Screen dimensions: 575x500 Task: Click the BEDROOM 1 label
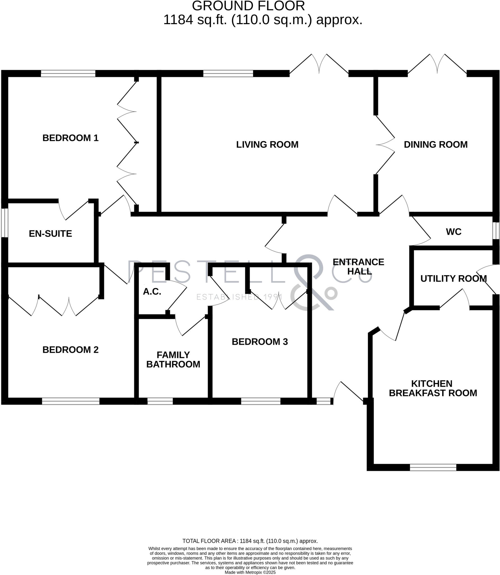click(x=70, y=138)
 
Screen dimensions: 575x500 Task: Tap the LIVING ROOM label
click(x=267, y=145)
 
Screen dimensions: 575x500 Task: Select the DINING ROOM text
click(x=435, y=145)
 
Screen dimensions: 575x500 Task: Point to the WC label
click(x=453, y=232)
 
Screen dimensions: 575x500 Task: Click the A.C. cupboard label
click(x=152, y=292)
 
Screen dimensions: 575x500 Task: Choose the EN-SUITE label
click(x=51, y=234)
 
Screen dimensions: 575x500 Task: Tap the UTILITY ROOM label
click(x=453, y=279)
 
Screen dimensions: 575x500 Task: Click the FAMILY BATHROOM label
click(x=173, y=360)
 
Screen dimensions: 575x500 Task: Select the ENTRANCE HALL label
click(x=358, y=267)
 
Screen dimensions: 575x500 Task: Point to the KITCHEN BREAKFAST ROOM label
click(x=433, y=388)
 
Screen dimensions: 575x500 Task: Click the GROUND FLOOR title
click(x=248, y=6)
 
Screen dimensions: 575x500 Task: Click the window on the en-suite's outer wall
click(x=4, y=223)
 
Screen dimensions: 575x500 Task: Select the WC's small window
click(x=496, y=231)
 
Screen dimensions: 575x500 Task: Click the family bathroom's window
click(x=160, y=401)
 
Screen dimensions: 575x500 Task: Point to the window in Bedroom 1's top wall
click(x=68, y=74)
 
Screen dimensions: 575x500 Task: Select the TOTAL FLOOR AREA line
click(x=250, y=541)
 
